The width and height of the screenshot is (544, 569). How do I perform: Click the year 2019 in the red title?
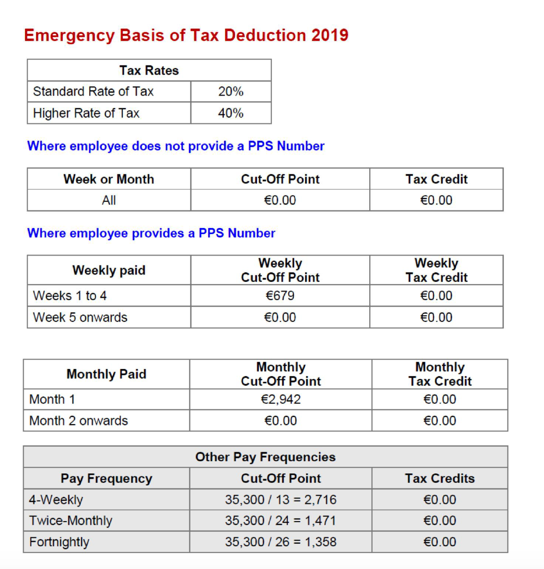[x=329, y=35]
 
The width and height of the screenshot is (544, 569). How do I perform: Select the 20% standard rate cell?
[x=231, y=92]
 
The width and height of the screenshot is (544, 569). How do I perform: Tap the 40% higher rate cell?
[x=231, y=113]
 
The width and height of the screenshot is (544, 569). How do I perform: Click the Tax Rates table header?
[x=149, y=70]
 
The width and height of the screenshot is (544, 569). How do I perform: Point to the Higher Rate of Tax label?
[x=86, y=113]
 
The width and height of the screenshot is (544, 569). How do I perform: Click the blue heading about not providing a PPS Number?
[x=176, y=146]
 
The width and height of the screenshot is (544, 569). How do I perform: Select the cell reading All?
[x=109, y=200]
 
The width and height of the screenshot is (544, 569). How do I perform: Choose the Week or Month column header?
[x=109, y=179]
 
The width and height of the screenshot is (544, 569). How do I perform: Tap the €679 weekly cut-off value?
[x=280, y=296]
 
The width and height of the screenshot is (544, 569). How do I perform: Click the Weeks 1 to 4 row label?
[x=70, y=296]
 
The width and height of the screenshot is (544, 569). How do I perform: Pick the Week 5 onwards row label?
[x=80, y=318]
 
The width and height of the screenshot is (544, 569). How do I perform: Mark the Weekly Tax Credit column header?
[x=437, y=270]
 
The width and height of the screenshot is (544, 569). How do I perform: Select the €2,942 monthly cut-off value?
[x=281, y=399]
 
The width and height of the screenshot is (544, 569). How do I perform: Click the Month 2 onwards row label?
[x=79, y=421]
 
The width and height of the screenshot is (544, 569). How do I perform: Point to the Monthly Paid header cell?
[x=106, y=374]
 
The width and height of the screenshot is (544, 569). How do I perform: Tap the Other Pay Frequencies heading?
[x=265, y=457]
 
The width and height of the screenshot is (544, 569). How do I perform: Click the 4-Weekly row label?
[x=56, y=500]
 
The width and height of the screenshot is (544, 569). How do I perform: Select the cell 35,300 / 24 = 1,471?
[x=281, y=521]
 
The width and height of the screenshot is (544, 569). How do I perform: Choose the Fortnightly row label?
[x=59, y=542]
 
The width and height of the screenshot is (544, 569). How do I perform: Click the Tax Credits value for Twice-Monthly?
[x=440, y=521]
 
